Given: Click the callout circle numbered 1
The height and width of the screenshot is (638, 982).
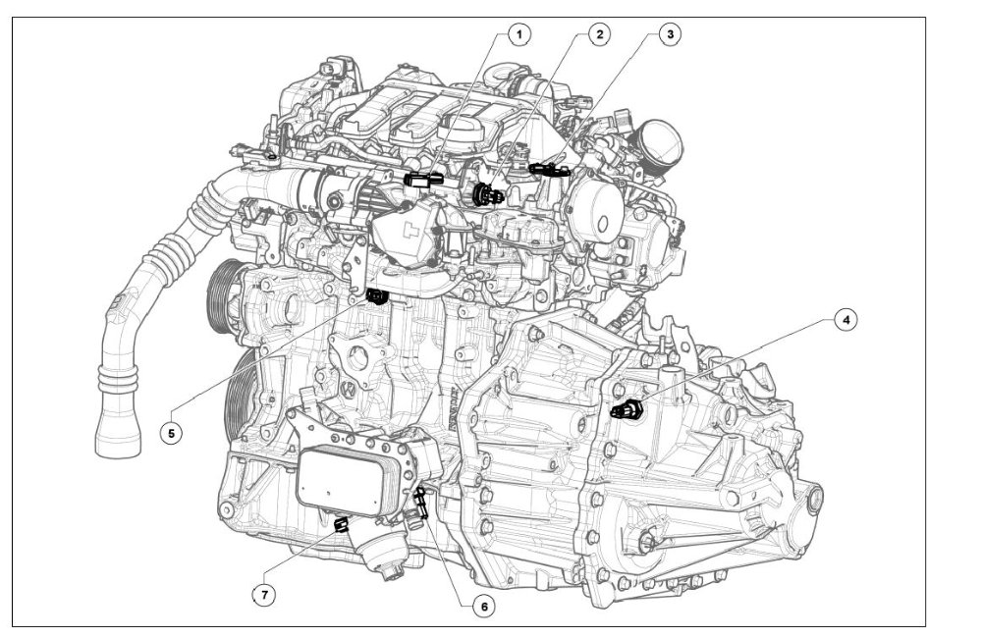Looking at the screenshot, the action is coord(518,34).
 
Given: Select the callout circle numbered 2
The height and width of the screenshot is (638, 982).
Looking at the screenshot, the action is coord(599,34).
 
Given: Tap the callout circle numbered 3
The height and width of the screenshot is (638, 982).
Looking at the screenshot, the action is coord(670,34).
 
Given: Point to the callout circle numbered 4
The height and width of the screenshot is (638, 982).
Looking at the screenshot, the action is coord(846,320).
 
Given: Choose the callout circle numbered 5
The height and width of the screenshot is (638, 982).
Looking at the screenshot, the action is coord(171,433).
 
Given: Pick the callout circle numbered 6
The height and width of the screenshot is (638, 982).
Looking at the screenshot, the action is coord(483,606).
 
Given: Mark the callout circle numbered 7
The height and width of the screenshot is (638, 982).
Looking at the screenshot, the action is coord(264,594).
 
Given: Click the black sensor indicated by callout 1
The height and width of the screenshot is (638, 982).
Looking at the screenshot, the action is coord(424,180).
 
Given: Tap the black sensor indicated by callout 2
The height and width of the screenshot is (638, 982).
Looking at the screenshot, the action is coord(487,194).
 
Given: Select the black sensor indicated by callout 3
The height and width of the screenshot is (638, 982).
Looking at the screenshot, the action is coord(549,169).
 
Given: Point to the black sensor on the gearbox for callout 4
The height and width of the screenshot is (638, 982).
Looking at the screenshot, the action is coord(626,409).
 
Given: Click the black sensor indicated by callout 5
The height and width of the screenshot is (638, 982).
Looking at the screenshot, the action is coord(377,296).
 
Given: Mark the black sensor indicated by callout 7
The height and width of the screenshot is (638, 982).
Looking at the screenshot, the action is coord(341,524).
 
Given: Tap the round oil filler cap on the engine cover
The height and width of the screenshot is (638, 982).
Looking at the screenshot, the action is coord(461,130).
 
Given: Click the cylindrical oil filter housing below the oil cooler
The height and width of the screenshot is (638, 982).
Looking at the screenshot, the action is coord(384,548).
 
